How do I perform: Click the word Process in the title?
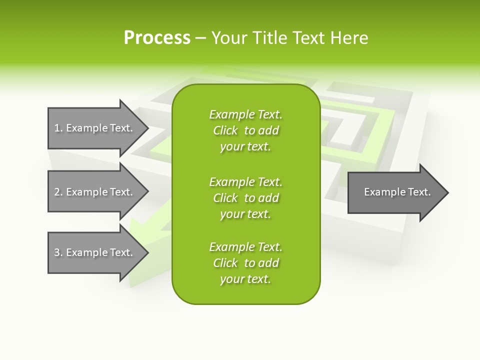157,38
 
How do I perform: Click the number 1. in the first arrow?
58,128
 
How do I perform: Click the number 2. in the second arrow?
58,192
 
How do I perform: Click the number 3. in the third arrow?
58,252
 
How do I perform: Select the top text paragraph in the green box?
245,130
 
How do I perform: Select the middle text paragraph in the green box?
245,197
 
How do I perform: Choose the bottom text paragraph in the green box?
245,263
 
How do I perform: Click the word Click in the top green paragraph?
225,130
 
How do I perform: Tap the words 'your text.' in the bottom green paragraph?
245,279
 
